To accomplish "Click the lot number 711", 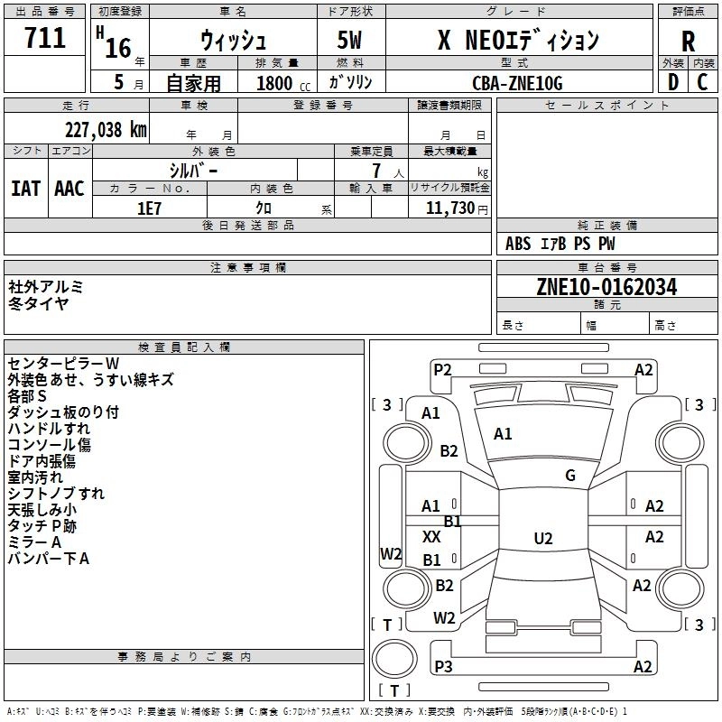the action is click(x=44, y=38).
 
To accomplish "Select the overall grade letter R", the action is click(x=688, y=42).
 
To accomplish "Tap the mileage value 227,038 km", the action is click(x=106, y=130).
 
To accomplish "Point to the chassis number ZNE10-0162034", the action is click(x=606, y=287).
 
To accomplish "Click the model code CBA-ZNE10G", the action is click(x=517, y=83).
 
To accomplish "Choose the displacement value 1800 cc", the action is click(x=283, y=83).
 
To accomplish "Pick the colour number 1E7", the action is click(x=149, y=208).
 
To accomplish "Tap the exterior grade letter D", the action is click(x=672, y=82).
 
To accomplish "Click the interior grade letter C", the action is click(x=702, y=82).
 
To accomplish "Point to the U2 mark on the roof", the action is click(x=543, y=538).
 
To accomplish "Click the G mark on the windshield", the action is click(x=570, y=475).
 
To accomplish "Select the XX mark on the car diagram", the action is click(x=431, y=536).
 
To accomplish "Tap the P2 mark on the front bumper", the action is click(x=442, y=369).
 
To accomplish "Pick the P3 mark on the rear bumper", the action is click(x=443, y=666).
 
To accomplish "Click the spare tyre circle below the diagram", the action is click(x=394, y=659).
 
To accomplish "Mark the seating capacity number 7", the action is click(x=376, y=171).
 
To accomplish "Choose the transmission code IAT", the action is click(x=26, y=189).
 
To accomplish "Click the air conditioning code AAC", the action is click(x=69, y=189).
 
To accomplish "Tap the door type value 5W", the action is click(x=349, y=40).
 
